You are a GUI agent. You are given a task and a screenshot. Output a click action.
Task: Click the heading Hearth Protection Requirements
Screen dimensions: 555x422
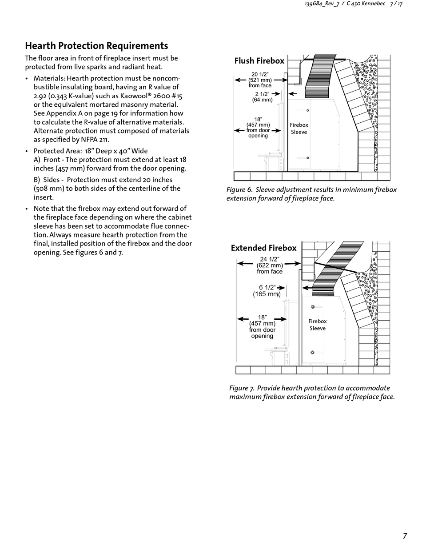[96, 46]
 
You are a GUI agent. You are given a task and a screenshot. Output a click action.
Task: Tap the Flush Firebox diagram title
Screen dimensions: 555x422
[259, 61]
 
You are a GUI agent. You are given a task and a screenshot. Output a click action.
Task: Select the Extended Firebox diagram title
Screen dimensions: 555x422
[263, 248]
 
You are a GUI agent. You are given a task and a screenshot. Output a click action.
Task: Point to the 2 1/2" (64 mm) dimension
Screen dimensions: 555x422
[262, 97]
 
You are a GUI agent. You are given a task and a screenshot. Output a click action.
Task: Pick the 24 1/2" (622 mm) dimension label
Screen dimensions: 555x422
[270, 265]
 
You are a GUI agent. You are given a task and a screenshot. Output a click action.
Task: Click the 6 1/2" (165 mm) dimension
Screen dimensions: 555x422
[267, 291]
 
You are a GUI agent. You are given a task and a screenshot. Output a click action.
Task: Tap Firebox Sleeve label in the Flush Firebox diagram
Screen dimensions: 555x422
[299, 129]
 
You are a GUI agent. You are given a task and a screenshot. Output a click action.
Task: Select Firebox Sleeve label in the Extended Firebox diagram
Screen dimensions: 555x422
[317, 325]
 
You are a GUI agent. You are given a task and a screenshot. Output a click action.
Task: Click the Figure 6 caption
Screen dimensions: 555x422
[311, 194]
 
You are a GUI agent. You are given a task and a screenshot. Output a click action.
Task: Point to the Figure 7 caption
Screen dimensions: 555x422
[312, 392]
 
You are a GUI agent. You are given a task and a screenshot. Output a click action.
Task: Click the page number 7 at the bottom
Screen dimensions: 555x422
[405, 536]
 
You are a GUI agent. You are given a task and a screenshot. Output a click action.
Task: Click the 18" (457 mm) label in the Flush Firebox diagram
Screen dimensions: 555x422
[258, 127]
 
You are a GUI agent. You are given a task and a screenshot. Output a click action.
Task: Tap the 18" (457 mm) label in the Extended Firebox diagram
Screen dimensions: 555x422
[262, 326]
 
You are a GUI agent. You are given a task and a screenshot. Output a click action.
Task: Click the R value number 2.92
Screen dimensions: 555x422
[40, 96]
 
